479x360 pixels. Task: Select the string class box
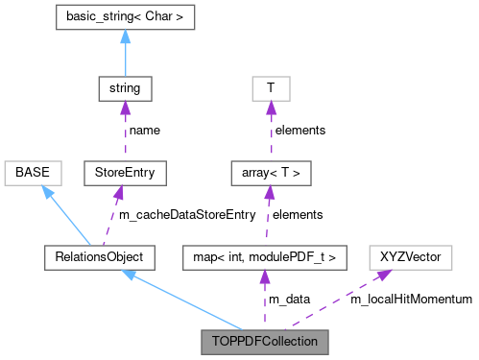[120, 89]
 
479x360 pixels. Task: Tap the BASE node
[33, 174]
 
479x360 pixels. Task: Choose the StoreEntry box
[120, 174]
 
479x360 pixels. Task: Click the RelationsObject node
[93, 256]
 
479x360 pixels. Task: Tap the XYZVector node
[404, 256]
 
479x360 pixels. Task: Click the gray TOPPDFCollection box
[264, 340]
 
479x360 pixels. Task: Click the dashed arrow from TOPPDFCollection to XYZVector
[336, 298]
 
